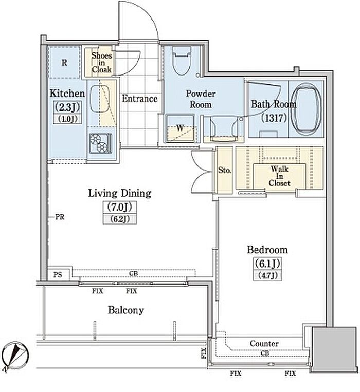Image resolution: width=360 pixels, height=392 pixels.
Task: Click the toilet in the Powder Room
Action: point(182,61)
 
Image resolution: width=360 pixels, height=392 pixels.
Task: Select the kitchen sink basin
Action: point(100,99)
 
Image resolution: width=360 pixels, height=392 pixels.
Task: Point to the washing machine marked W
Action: point(180,128)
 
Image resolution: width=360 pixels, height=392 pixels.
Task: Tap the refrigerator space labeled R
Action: point(64,62)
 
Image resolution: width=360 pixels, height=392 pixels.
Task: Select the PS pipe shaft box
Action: point(58,274)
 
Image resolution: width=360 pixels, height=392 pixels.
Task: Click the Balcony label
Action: point(126,310)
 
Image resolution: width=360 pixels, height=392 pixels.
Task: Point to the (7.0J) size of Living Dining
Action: point(120,207)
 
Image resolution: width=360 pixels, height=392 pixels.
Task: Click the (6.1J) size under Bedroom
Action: point(267,263)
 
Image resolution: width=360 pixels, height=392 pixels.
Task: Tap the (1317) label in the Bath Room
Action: point(274,118)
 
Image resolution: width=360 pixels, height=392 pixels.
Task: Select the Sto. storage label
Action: point(224,170)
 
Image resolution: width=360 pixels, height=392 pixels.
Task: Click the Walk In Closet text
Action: point(279,176)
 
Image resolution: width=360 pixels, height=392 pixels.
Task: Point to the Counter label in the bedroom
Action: point(264,344)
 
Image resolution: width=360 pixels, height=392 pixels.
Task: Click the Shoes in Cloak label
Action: point(101,63)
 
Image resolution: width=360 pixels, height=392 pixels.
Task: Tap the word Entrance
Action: point(139,99)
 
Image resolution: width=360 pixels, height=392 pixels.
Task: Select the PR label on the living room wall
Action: point(60,217)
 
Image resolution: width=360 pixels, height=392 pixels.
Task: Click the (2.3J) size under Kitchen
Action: point(67,107)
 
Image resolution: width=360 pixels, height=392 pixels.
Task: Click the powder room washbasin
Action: point(223,127)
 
